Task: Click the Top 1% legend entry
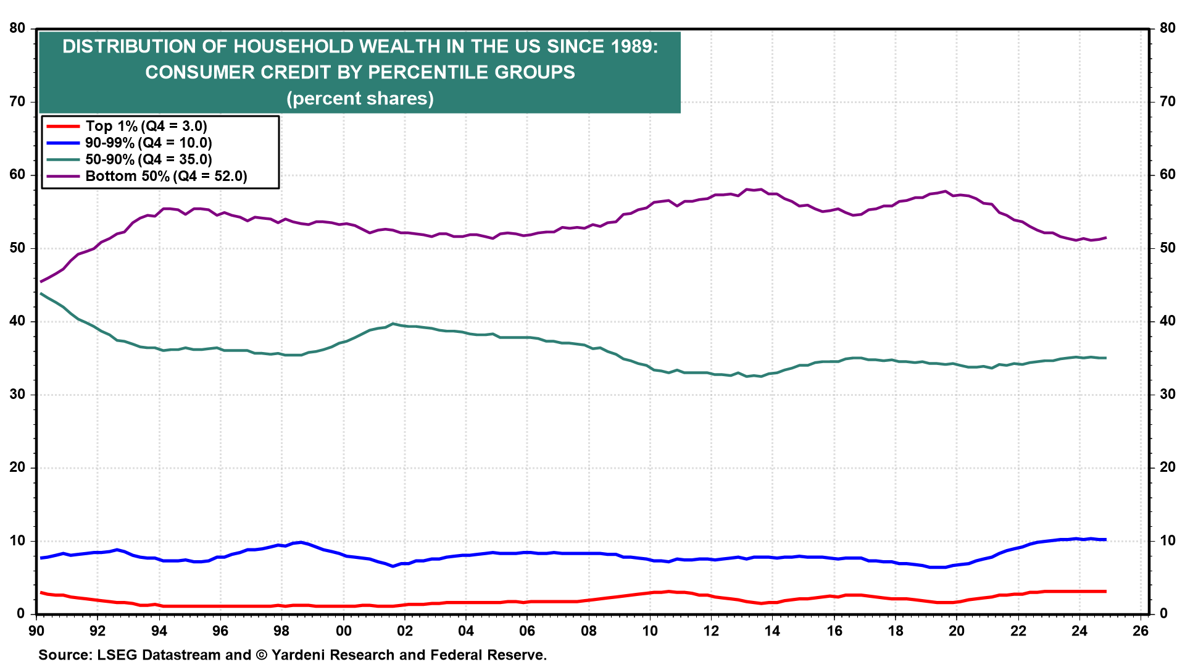[146, 126]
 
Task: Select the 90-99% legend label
[149, 143]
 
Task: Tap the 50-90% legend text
[149, 159]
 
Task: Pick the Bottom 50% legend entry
[166, 176]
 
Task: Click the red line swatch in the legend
[63, 126]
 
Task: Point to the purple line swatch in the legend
[63, 176]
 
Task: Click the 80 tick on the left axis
[17, 28]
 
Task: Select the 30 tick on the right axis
[1167, 394]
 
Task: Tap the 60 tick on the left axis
[17, 175]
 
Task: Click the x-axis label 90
[36, 631]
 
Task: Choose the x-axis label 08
[589, 631]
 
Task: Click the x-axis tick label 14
[772, 631]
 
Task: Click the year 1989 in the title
[634, 46]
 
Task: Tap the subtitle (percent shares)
[360, 99]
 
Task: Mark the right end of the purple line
[1105, 238]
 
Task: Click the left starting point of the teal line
[41, 293]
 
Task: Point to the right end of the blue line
[1105, 540]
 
